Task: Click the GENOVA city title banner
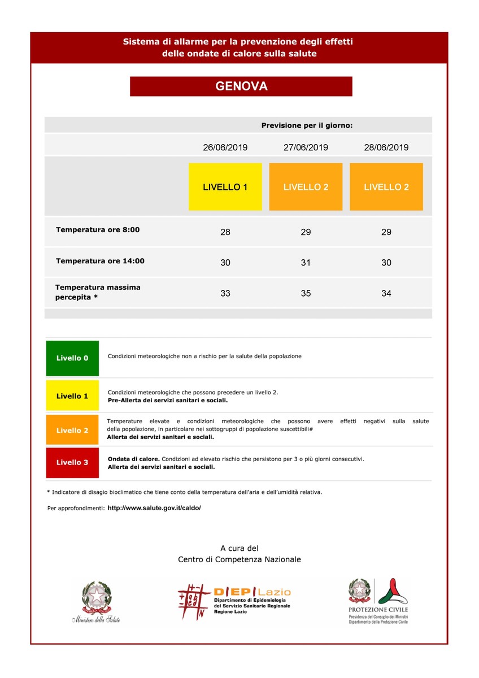[241, 86]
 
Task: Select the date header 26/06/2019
[225, 147]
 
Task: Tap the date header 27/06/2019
[306, 147]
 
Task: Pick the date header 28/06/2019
[386, 147]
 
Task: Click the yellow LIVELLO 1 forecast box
[225, 187]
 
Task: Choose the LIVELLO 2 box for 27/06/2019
[306, 187]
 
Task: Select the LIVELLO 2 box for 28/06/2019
[386, 187]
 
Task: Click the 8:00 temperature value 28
[225, 232]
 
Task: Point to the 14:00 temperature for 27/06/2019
[306, 263]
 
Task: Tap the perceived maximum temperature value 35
[306, 293]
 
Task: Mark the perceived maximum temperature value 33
[225, 293]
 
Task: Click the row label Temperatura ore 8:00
[98, 230]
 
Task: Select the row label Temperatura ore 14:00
[100, 261]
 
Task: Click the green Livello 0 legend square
[72, 358]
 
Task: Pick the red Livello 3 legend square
[72, 463]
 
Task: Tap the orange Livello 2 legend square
[72, 431]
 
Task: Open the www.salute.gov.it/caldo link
[154, 508]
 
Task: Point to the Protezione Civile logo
[378, 601]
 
